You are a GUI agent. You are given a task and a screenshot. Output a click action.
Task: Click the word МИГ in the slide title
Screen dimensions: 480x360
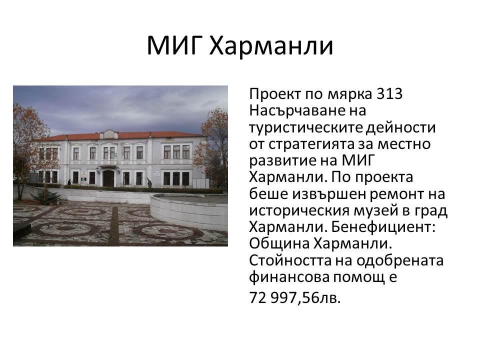174,45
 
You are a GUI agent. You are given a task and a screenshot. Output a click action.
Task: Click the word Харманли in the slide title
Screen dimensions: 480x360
271,46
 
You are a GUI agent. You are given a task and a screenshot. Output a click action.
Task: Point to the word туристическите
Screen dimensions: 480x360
306,127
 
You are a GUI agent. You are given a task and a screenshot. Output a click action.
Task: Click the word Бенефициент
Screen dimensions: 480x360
383,227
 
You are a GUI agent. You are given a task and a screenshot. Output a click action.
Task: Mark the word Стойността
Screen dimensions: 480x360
290,260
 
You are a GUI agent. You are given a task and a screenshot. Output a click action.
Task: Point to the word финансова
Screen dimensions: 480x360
289,277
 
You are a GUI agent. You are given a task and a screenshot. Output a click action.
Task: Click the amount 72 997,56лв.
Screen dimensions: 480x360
295,297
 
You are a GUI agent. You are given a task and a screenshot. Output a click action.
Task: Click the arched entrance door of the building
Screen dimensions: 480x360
108,178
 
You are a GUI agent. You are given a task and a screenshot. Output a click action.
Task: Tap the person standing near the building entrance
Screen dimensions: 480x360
69,182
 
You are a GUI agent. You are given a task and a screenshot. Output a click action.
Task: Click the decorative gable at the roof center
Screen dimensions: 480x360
109,134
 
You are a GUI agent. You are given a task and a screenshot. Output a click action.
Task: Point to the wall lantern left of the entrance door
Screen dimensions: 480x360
97,169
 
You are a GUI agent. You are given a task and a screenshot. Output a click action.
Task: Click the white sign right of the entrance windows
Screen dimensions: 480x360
156,174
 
